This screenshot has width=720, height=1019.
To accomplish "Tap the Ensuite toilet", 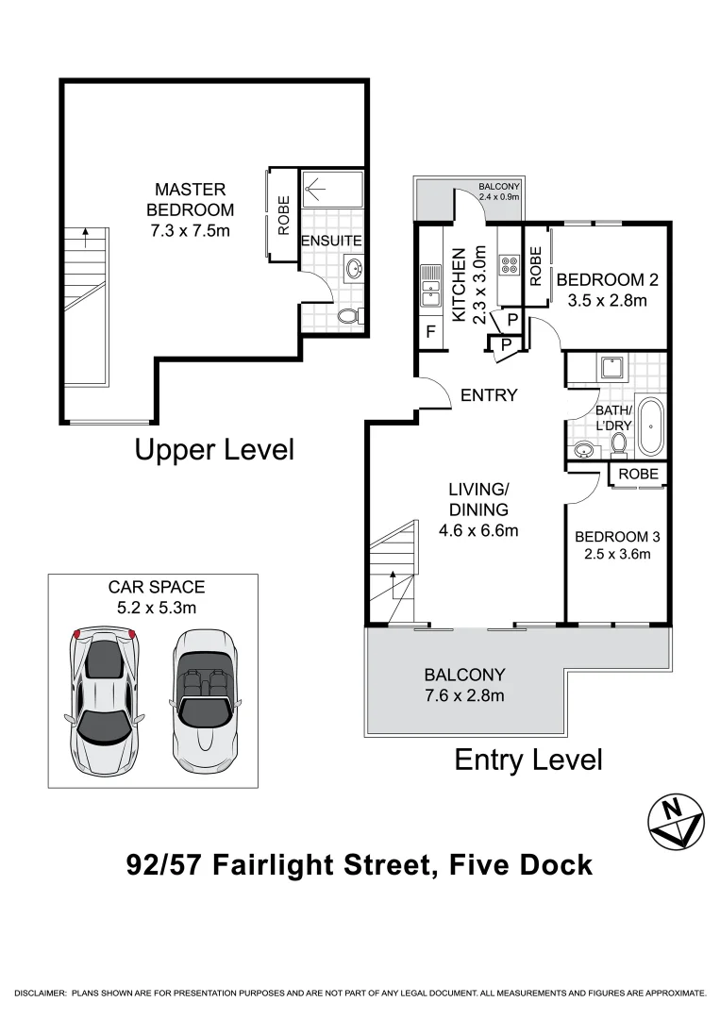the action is tap(349, 316).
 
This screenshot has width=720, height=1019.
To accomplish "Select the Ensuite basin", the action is tap(354, 268).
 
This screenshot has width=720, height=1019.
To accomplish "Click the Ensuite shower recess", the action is tap(332, 189).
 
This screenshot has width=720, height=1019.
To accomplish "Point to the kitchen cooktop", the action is tap(510, 264).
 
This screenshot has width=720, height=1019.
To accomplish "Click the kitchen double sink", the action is tap(430, 285).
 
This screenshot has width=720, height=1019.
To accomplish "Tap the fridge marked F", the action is tap(430, 332).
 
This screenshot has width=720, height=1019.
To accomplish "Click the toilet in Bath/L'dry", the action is tap(619, 444).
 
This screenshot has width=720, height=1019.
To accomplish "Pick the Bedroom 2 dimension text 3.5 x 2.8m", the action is tap(607, 300).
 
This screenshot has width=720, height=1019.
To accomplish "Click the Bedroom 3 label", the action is tap(617, 536).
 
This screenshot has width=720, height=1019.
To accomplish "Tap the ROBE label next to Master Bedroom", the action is tap(284, 215).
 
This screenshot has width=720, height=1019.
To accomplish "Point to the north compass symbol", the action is tap(677, 821).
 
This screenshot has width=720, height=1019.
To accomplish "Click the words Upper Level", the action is tap(214, 450).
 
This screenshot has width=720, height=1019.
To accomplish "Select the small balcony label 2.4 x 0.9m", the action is tap(499, 196).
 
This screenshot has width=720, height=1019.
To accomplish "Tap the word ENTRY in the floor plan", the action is tap(489, 395).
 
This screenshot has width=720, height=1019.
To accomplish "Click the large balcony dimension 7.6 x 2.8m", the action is tap(464, 695).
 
